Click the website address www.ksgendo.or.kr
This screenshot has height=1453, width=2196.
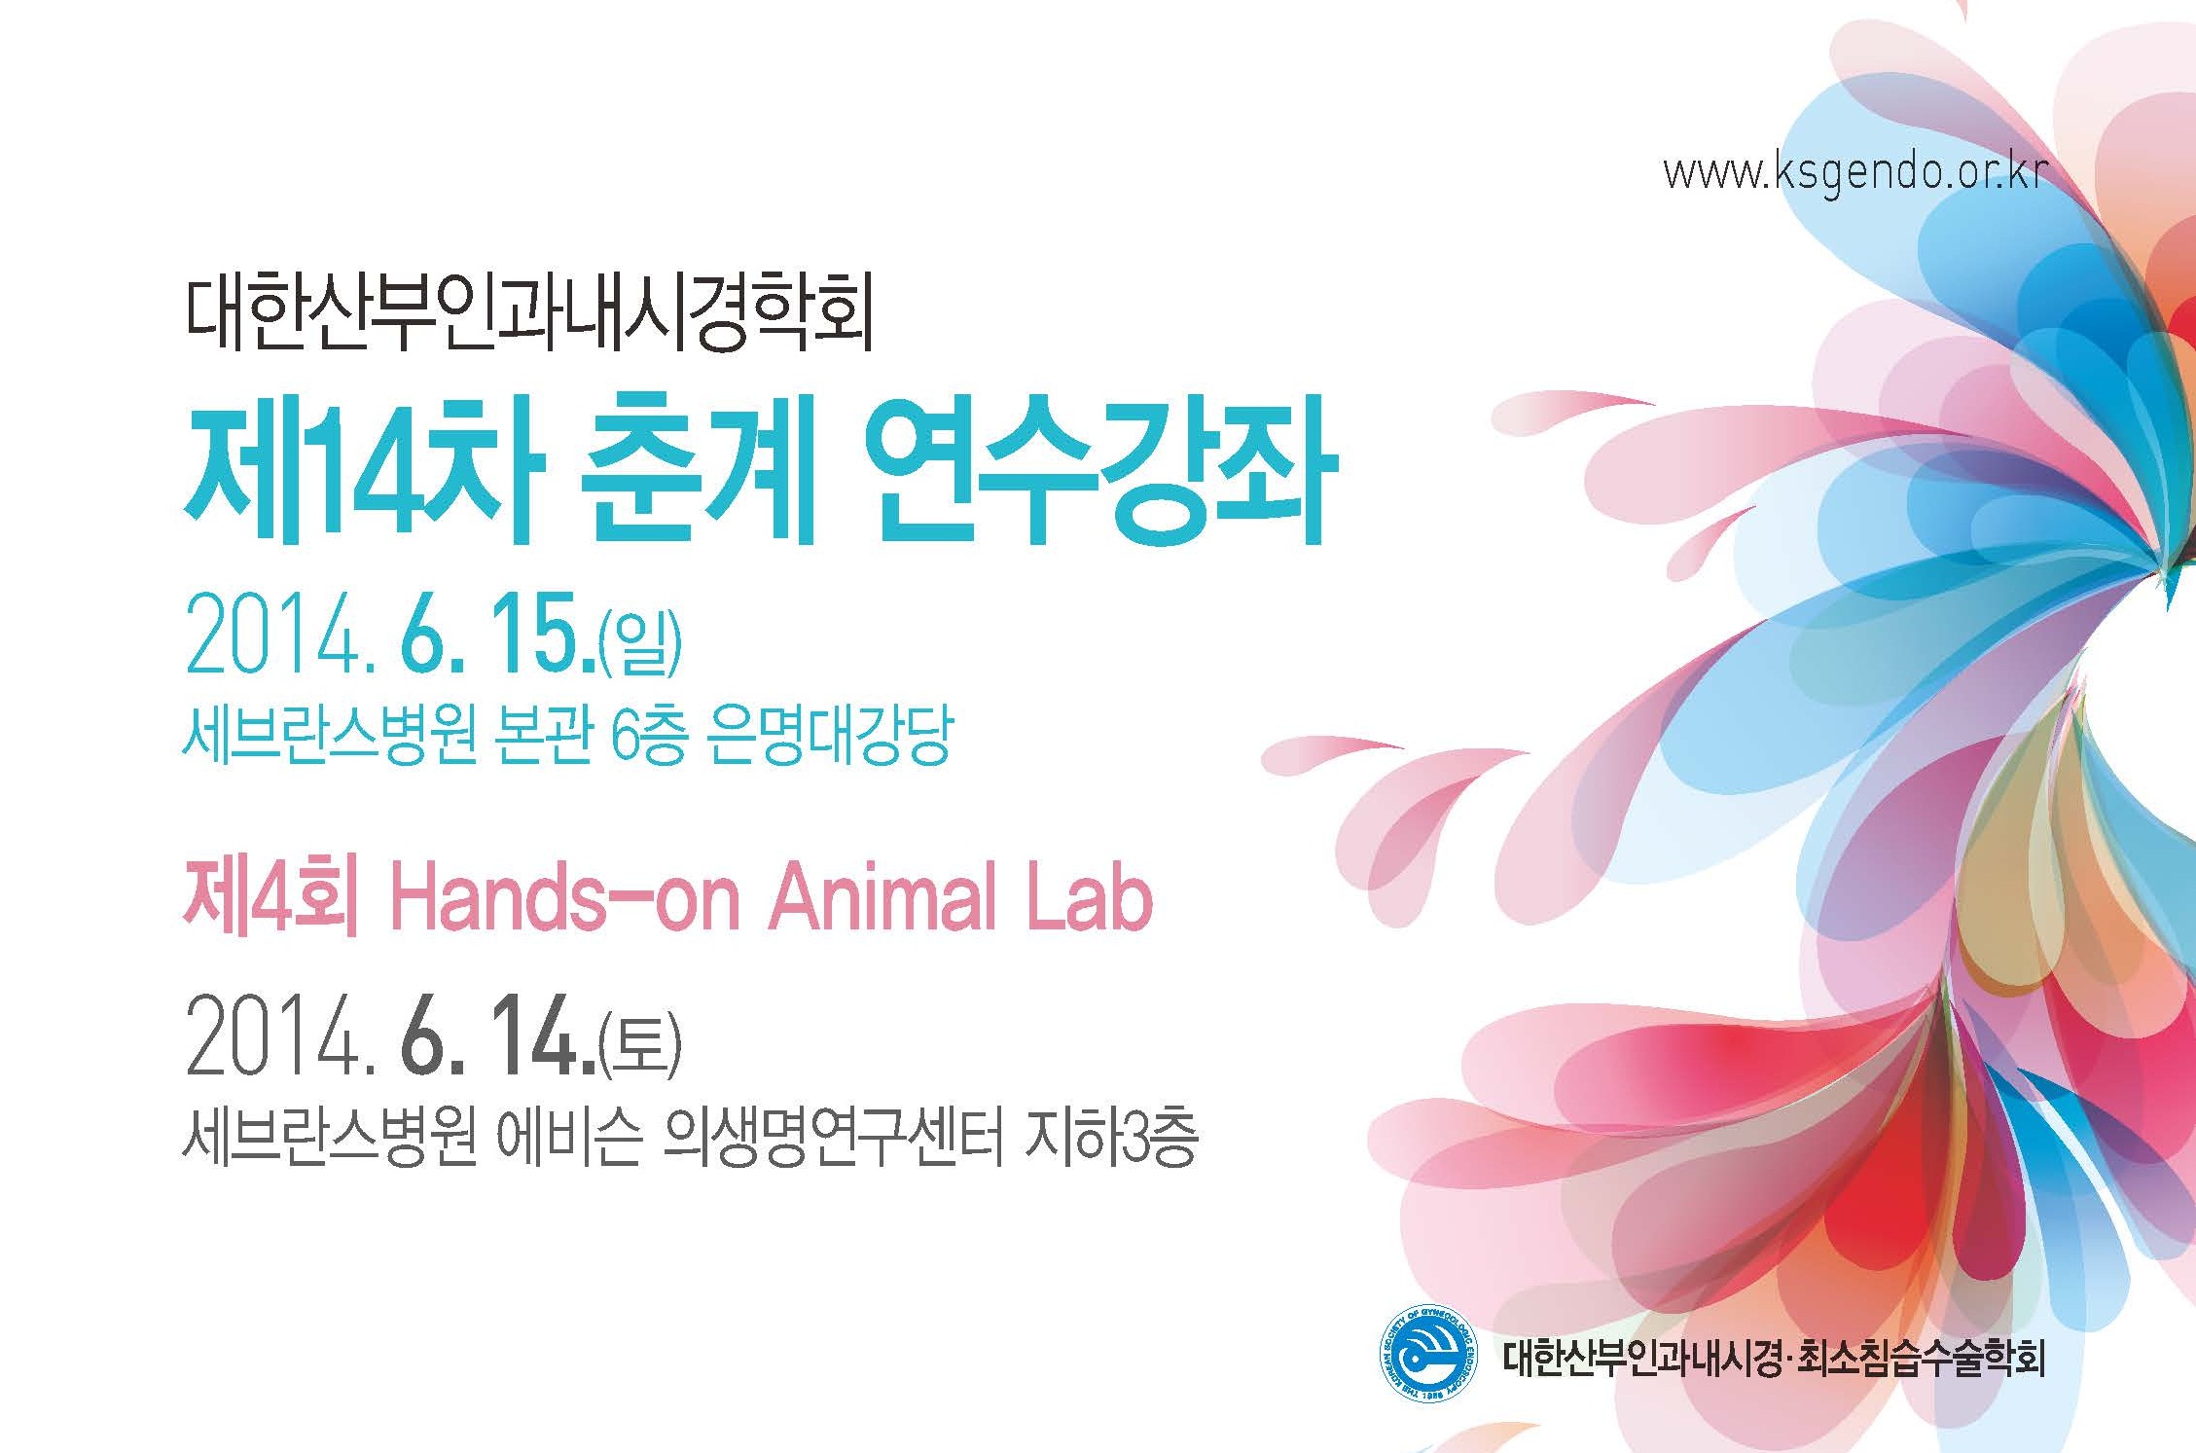coord(1855,173)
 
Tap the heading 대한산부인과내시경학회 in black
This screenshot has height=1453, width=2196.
coord(528,314)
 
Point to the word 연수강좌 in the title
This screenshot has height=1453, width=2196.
coord(1099,471)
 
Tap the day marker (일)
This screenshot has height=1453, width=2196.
coord(641,640)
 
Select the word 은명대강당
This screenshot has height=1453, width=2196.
coord(829,736)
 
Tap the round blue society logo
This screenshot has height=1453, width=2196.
coord(1426,1354)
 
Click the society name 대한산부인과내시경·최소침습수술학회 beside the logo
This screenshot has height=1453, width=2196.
coord(1774,1358)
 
